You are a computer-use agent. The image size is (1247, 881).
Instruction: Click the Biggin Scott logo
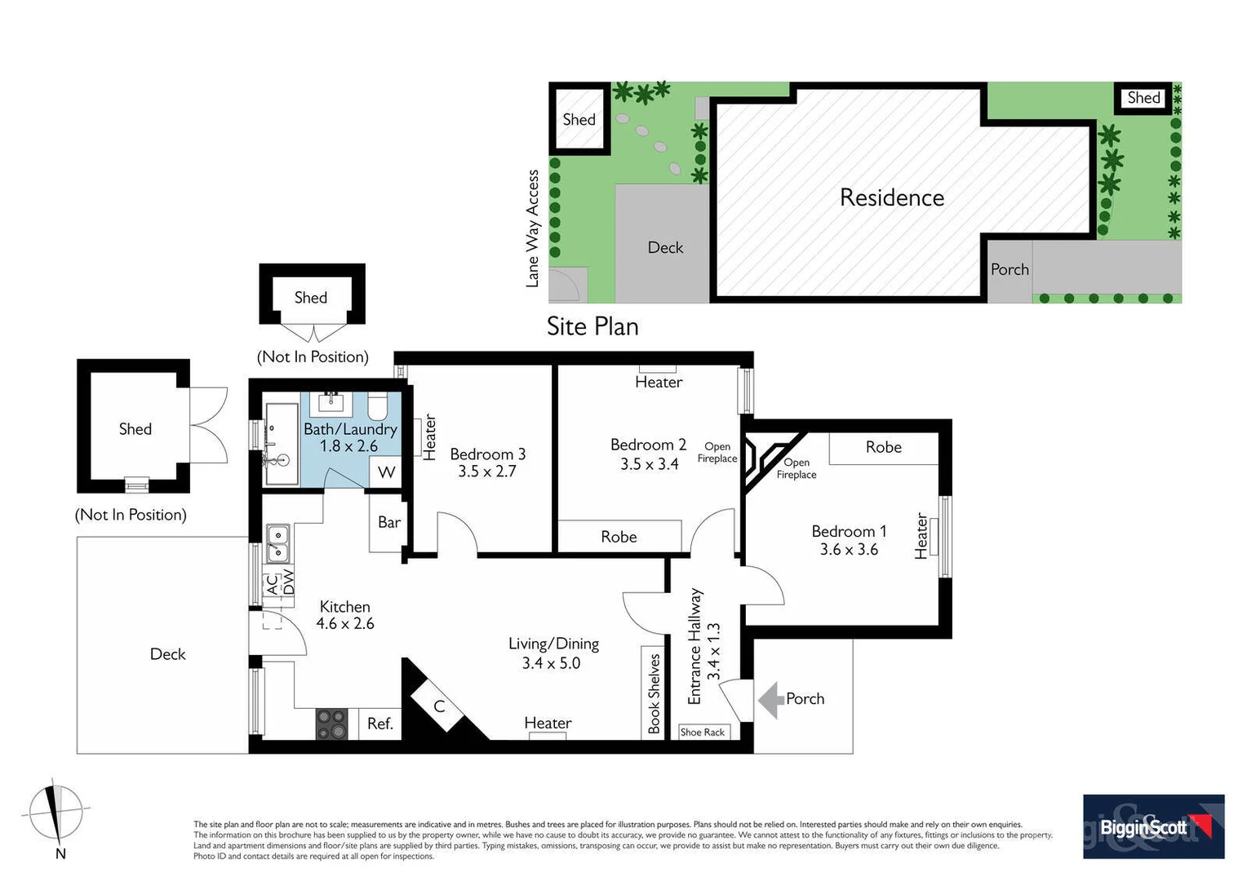coord(1152,826)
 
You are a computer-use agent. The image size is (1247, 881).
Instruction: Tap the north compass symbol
coord(55,813)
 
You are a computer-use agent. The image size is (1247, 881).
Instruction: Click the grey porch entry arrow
coord(770,700)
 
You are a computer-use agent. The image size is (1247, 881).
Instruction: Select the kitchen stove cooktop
coord(331,724)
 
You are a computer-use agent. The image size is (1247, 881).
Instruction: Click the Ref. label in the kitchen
coord(380,724)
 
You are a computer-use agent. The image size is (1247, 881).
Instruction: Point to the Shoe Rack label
coord(703,733)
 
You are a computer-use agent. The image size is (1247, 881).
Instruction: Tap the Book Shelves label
coord(654,693)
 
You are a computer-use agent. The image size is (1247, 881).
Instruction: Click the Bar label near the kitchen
coord(389,522)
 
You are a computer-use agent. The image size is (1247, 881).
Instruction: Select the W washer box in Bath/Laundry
coord(386,472)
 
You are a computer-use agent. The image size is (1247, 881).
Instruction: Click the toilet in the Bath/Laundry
coord(377,405)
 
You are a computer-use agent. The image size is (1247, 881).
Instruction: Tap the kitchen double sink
coord(277,544)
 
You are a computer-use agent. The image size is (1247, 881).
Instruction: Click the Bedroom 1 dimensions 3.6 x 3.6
coord(849,550)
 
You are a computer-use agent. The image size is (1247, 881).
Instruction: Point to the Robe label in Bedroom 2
coord(619,537)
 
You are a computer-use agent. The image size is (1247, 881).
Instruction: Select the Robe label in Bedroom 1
coord(883,447)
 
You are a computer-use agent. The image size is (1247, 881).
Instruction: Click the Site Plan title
coord(592,326)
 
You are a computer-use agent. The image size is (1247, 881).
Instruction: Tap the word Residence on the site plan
coord(891,197)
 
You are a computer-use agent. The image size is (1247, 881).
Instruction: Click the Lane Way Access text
coord(533,228)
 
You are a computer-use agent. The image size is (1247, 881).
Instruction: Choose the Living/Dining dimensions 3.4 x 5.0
coord(551,663)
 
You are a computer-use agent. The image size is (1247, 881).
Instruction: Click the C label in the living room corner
coord(439,706)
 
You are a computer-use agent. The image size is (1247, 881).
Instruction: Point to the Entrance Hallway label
coord(695,646)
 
